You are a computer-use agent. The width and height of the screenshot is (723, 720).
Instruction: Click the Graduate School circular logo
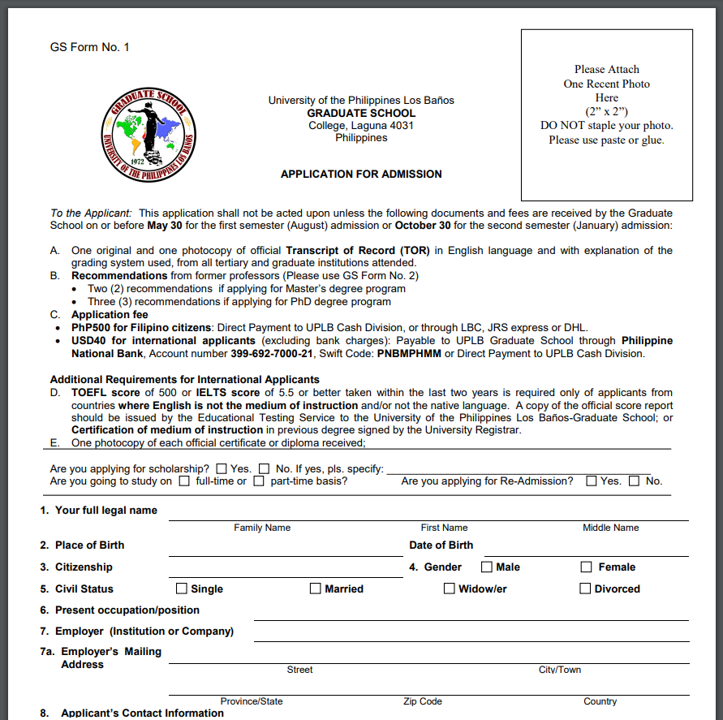click(148, 133)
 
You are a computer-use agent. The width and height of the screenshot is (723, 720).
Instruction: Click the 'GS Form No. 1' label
click(89, 47)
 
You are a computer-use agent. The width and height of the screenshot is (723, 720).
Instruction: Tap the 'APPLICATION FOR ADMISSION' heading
click(361, 174)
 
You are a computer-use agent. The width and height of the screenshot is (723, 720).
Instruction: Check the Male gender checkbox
click(487, 567)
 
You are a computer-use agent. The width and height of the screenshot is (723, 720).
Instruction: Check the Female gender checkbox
click(586, 567)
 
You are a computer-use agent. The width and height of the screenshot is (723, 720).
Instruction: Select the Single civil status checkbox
click(182, 589)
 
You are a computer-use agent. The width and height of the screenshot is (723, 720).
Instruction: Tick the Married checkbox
click(316, 589)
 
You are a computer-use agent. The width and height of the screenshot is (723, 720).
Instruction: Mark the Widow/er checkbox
click(449, 589)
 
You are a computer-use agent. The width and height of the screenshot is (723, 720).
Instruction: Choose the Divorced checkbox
click(585, 589)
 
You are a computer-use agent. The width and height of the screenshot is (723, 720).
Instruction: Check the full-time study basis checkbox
click(184, 481)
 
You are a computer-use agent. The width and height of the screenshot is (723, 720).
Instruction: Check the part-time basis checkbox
click(259, 481)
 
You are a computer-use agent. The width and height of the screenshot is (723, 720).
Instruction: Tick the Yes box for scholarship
click(222, 468)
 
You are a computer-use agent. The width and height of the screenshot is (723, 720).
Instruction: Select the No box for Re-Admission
click(634, 481)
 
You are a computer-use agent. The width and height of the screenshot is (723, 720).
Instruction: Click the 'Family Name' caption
click(262, 528)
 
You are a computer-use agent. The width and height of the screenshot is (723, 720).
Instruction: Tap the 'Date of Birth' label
click(441, 545)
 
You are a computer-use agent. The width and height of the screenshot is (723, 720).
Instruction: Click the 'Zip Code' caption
click(423, 701)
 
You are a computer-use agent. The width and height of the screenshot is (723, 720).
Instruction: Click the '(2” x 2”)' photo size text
click(606, 111)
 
